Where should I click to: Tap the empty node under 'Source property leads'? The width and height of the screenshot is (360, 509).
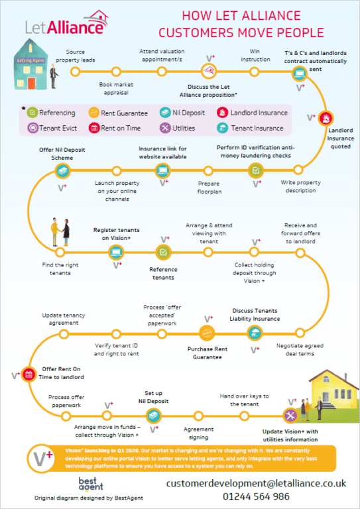[76, 72]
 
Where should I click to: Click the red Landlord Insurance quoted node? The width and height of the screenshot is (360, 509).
[326, 118]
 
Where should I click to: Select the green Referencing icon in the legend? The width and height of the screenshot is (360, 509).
[32, 113]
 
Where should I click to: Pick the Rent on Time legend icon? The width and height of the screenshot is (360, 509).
[93, 128]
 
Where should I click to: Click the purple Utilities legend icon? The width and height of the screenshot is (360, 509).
[165, 128]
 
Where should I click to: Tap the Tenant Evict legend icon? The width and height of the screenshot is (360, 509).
[32, 128]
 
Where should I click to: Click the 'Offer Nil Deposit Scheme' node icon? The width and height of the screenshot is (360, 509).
[62, 170]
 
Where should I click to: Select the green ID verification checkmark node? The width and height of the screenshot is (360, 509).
[256, 170]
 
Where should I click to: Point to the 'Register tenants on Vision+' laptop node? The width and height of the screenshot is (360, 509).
[116, 253]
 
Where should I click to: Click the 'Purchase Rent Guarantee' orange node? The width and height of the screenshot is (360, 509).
[207, 333]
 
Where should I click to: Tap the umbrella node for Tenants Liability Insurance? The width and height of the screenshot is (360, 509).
[255, 333]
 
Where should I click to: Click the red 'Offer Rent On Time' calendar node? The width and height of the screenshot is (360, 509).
[29, 375]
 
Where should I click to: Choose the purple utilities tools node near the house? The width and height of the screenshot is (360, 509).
[290, 416]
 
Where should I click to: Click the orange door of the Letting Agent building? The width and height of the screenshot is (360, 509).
[31, 84]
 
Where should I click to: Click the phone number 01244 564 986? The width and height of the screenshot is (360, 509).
[256, 496]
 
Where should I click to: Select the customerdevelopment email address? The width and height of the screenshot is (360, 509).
[256, 483]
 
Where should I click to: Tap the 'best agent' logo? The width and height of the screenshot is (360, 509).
[91, 484]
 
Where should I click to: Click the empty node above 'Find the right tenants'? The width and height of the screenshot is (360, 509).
[60, 253]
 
